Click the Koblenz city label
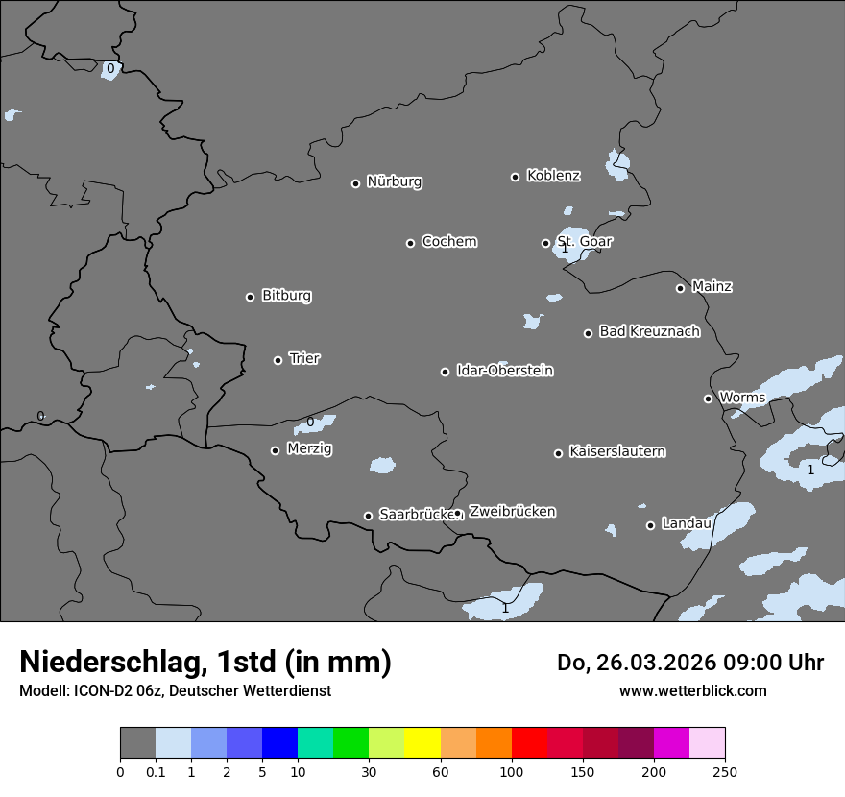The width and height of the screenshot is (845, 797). [553, 176]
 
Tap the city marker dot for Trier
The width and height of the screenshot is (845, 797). [278, 360]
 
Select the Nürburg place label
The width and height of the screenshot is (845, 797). [394, 181]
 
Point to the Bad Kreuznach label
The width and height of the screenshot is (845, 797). [649, 331]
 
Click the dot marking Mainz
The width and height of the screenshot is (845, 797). [680, 288]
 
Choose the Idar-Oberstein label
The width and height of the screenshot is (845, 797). [504, 370]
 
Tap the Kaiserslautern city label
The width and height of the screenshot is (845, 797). [616, 451]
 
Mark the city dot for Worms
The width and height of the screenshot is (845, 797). [708, 398]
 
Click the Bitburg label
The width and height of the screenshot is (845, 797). [286, 295]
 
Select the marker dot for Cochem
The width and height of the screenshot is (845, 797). [410, 243]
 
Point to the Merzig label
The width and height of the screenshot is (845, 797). [309, 448]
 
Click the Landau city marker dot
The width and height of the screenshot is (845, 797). [650, 525]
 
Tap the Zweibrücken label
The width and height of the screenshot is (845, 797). [512, 512]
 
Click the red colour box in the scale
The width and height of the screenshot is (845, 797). [529, 743]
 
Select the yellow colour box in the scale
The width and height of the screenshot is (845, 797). [422, 743]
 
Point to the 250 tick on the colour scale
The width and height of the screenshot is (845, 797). [725, 772]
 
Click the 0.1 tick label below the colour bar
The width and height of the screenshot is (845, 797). [156, 772]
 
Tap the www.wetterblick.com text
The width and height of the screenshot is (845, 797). [692, 690]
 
